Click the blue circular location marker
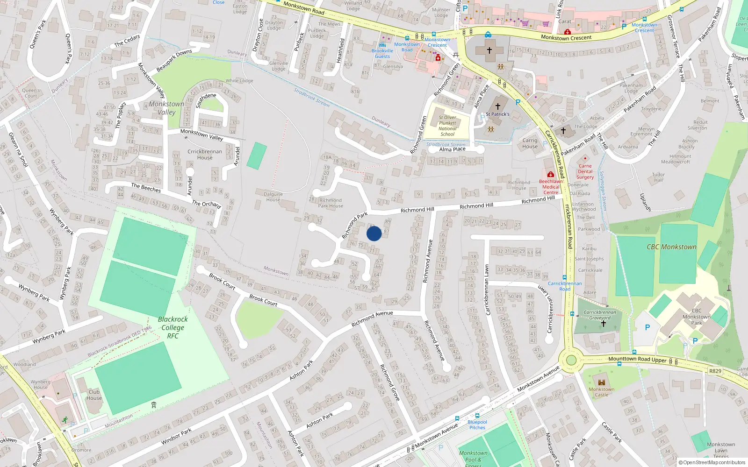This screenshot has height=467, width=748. click(374, 233)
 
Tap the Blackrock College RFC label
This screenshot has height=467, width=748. click(173, 327)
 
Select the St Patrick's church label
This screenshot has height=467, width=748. click(497, 114)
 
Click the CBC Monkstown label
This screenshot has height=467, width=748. click(671, 247)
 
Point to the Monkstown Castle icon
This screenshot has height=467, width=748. click(602, 382)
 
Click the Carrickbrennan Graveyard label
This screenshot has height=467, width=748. click(600, 315)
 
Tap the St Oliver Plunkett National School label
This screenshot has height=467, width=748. click(447, 126)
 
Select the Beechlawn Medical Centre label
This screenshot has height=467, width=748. click(551, 187)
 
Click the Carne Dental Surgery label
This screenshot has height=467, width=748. click(585, 171)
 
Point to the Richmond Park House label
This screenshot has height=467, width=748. click(331, 203)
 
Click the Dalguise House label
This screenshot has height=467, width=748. click(273, 197)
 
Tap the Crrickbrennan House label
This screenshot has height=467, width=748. click(205, 155)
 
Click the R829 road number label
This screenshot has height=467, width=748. click(715, 371)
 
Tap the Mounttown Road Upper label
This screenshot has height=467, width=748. click(637, 359)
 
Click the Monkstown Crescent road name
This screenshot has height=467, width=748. click(566, 37)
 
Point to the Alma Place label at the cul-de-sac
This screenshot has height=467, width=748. click(452, 149)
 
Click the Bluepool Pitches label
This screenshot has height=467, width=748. click(477, 425)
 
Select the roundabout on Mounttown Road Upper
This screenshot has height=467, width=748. click(571, 360)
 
